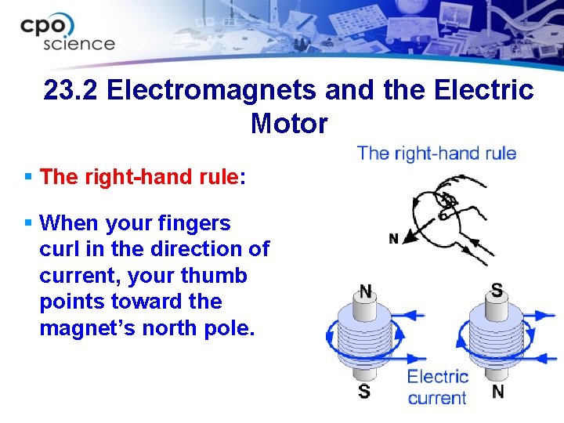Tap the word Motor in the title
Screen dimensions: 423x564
289,124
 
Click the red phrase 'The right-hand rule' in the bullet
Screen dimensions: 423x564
139,176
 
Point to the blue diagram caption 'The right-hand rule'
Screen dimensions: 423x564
436,153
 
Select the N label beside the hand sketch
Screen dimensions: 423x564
393,238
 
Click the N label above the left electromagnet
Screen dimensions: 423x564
365,291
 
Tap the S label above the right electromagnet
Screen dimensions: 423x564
497,290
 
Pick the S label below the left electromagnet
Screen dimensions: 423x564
364,390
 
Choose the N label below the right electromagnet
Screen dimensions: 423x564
497,390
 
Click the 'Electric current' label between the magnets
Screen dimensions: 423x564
437,387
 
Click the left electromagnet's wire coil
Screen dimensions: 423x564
365,339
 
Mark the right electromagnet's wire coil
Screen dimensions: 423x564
497,339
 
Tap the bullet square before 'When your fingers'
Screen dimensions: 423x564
28,223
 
